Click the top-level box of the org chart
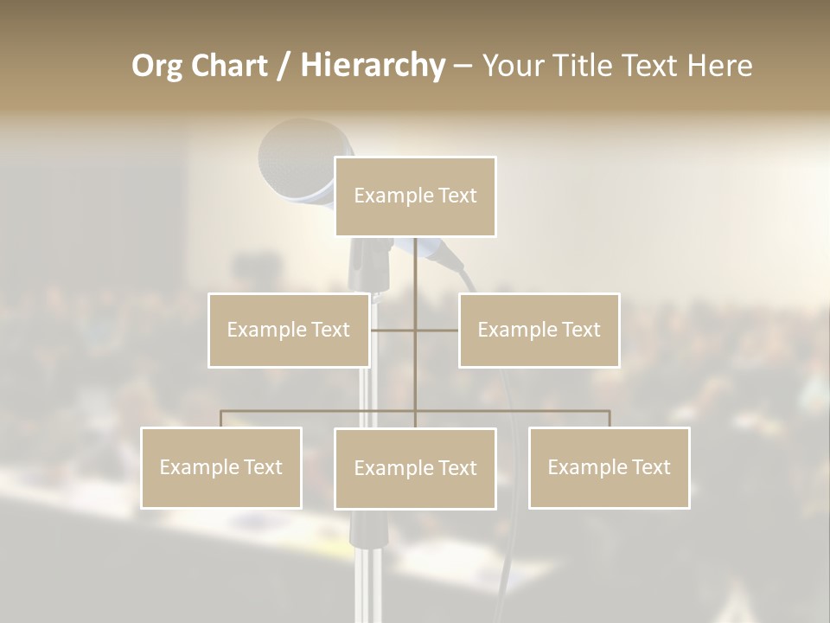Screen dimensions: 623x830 point(415,196)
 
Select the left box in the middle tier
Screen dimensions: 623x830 point(289,330)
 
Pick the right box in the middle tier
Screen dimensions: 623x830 point(539,330)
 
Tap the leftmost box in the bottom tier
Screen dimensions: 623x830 point(221,467)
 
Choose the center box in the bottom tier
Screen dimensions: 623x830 point(415,468)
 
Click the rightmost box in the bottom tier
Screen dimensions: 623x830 point(609,467)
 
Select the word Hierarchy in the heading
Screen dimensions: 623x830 point(372,66)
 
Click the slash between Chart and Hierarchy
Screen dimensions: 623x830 point(284,66)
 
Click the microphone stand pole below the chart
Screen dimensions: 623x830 point(367,562)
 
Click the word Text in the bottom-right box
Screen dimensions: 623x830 point(652,467)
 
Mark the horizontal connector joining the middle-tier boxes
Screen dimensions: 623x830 point(415,330)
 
